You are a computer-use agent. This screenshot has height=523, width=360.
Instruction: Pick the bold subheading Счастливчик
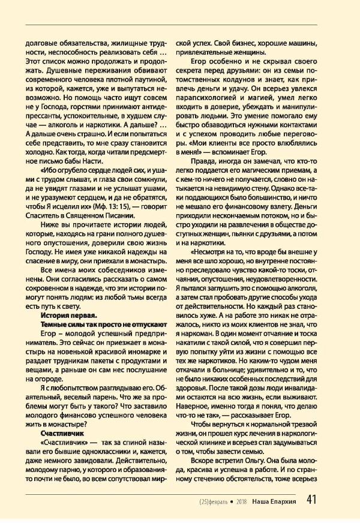(62, 431)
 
